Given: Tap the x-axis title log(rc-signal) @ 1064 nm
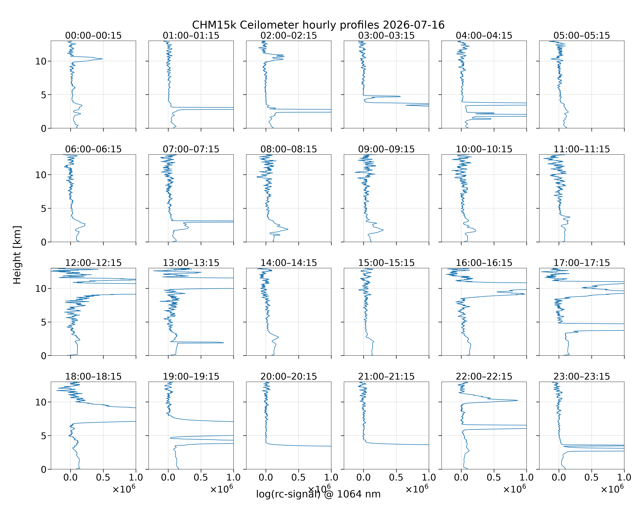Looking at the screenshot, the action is pos(318,494).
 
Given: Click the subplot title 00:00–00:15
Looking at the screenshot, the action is pos(93,36).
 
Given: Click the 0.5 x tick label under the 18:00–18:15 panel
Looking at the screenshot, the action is pos(103,478).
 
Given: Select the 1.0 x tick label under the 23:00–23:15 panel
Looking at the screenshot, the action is pos(624,478).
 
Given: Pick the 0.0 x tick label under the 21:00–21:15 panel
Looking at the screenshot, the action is pos(363,478).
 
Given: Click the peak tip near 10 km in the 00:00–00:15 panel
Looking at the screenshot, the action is pos(103,59).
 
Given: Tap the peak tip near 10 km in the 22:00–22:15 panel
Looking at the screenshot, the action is pos(517,400).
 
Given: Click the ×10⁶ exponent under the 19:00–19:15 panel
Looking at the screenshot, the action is pos(222,489).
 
